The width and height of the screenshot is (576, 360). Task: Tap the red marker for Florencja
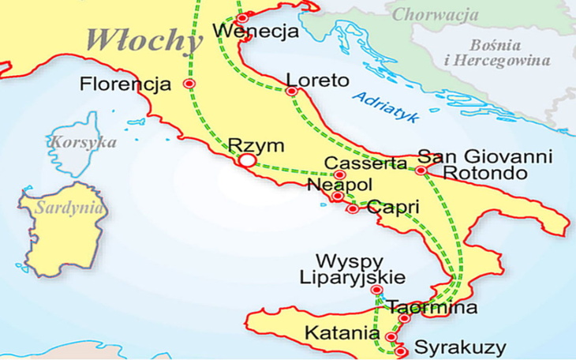coord(189,83)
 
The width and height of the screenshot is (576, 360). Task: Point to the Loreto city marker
coord(292,92)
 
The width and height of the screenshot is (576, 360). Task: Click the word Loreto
coord(317,80)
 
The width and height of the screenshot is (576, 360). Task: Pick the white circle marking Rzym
coord(248,160)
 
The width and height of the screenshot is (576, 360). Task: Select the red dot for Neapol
coord(337,196)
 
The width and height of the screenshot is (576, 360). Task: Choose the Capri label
coord(391,208)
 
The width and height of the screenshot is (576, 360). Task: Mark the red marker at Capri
coord(353,209)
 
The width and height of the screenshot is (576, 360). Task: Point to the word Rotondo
coord(484,172)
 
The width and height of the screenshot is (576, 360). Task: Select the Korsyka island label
coord(83,143)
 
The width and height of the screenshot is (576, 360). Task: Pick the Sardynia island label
coord(69,208)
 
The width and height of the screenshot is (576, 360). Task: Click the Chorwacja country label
coord(436,13)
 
